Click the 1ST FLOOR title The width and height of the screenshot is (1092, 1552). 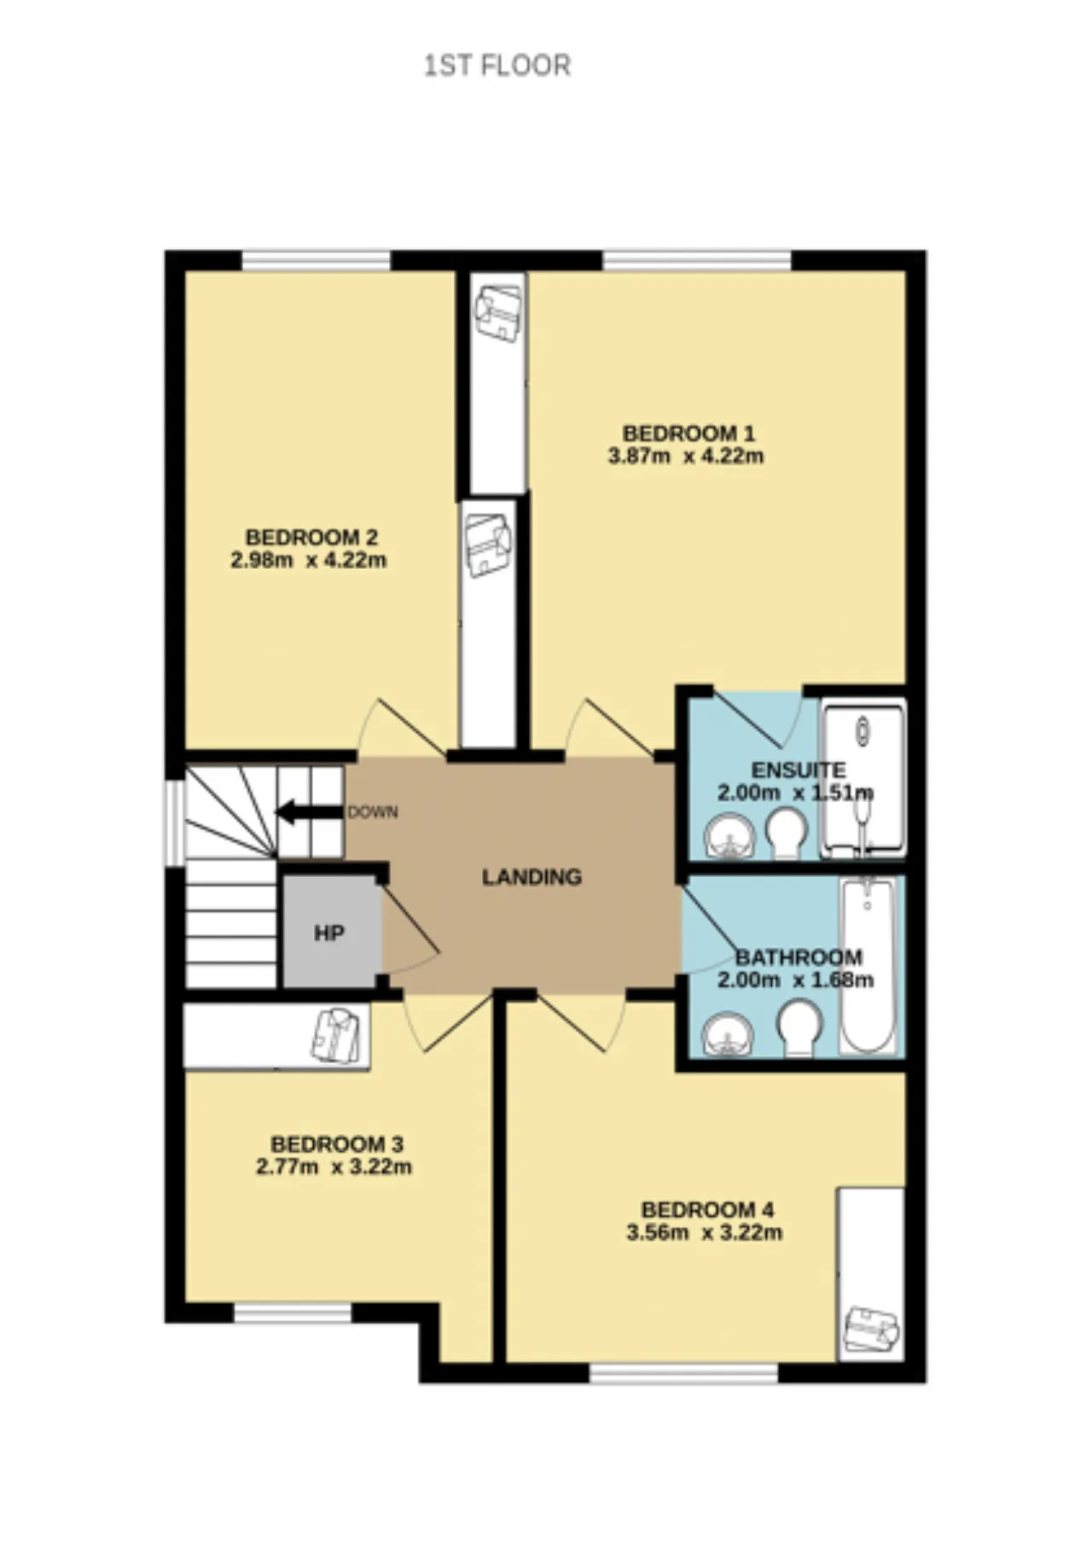497,66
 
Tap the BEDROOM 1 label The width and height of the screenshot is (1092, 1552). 688,433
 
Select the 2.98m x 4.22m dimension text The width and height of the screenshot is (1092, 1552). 308,561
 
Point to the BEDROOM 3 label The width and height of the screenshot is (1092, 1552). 337,1144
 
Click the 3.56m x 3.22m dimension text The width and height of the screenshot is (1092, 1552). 704,1232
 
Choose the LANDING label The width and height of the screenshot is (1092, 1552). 532,877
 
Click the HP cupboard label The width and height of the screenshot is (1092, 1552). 329,933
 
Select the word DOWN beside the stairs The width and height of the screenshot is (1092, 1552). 373,812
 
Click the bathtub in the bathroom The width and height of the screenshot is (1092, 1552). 868,966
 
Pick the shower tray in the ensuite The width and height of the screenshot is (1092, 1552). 863,778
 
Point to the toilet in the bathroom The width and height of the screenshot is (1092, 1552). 800,1029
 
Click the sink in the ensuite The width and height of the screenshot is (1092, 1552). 729,837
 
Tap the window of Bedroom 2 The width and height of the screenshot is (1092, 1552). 316,260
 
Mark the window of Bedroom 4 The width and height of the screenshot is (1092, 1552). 684,1373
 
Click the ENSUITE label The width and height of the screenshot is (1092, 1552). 799,770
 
